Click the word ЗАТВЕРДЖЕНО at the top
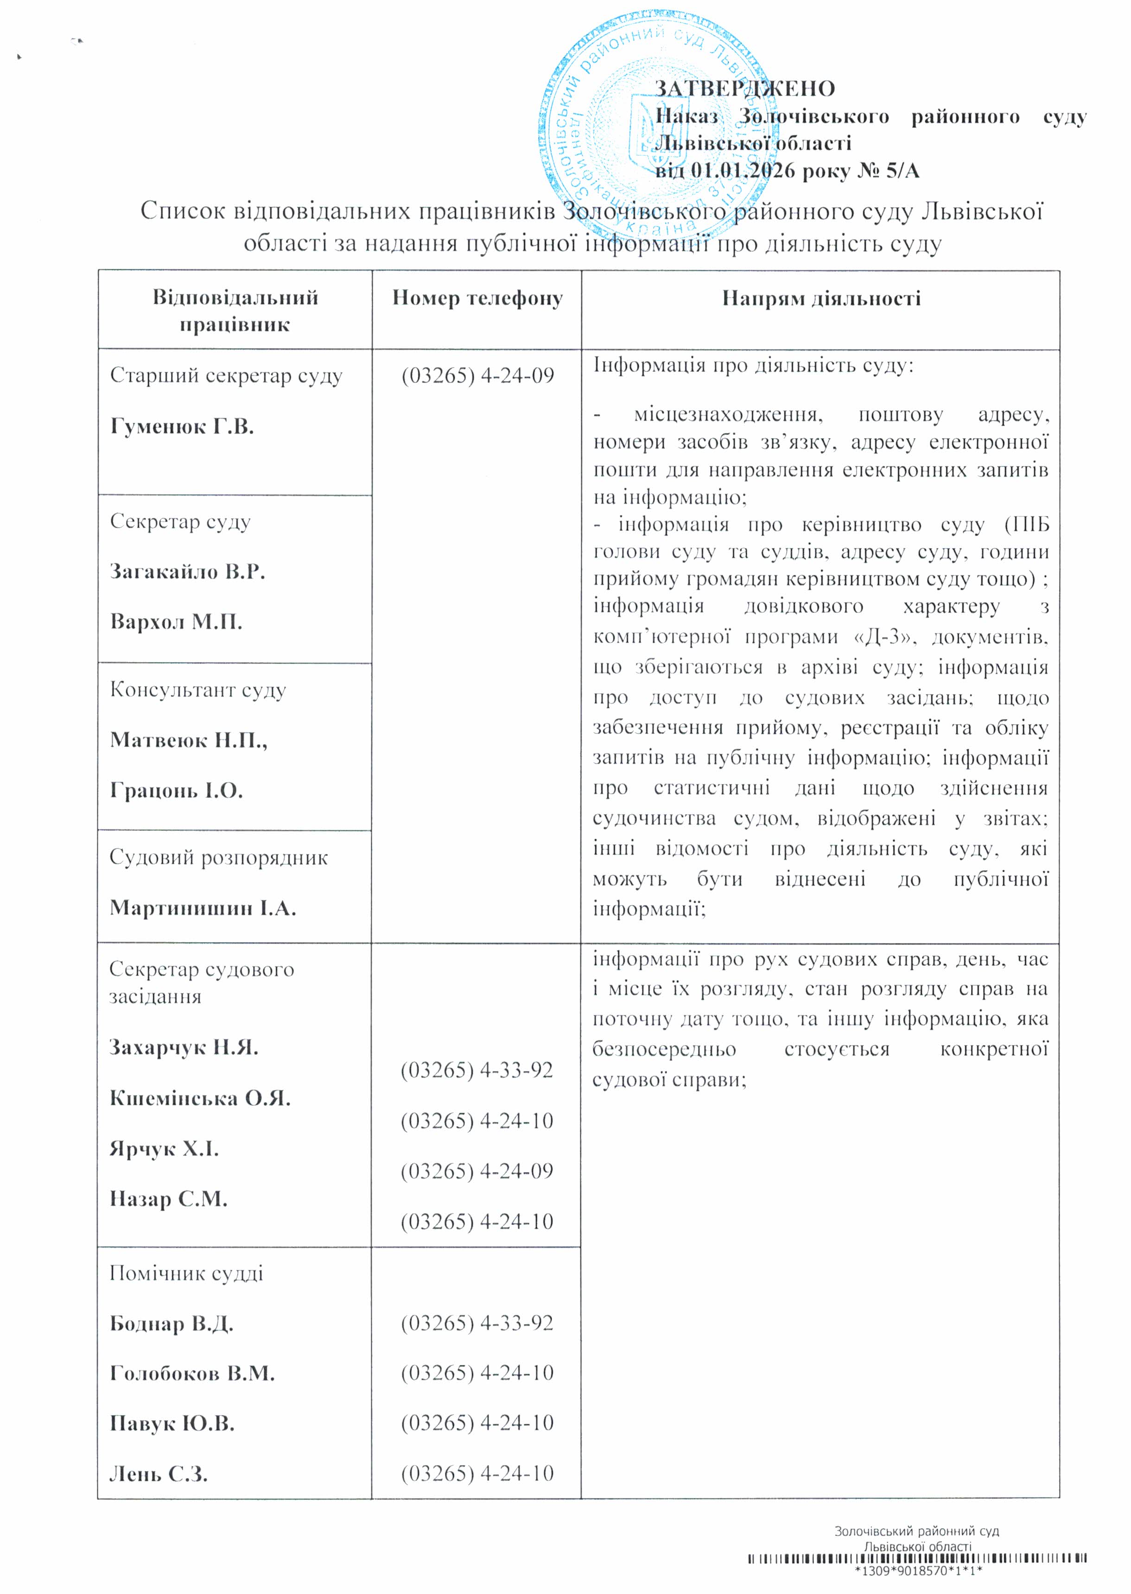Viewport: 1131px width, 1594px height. [744, 89]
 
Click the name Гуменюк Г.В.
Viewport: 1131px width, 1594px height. [182, 427]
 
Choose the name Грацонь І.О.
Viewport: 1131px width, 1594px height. [176, 791]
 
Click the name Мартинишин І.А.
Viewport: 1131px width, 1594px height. [203, 908]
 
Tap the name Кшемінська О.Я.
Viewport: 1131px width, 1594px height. [200, 1099]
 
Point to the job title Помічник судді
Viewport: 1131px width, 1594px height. [186, 1274]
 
